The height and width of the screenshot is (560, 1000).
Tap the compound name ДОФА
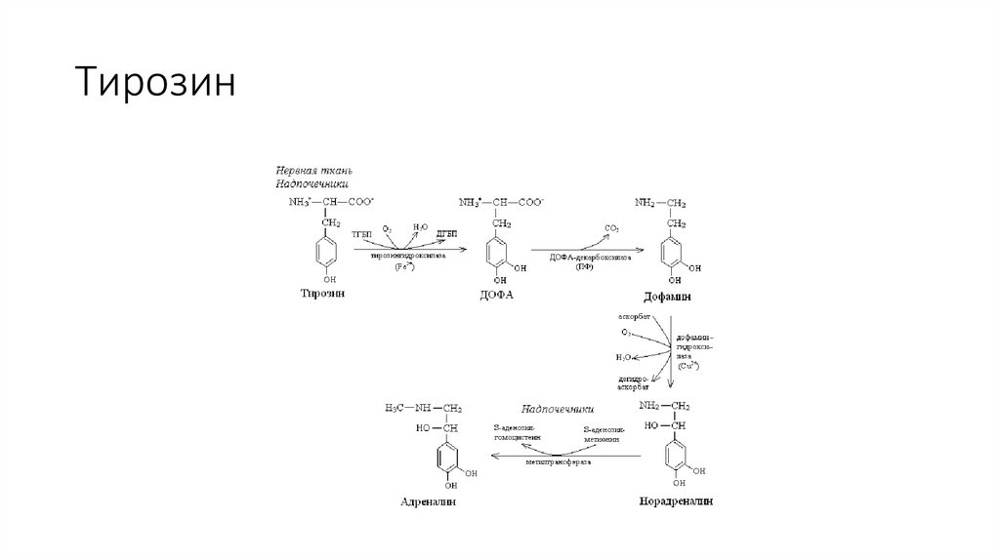pos(499,295)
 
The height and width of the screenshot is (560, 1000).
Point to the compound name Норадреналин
pos(675,501)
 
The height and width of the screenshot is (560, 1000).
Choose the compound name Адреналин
pos(429,502)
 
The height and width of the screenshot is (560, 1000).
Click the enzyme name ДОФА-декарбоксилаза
pos(584,257)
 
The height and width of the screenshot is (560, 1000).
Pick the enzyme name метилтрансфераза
pos(559,461)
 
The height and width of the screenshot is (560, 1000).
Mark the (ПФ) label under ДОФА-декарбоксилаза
pos(585,267)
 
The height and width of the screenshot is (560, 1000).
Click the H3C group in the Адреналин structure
pos(396,407)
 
